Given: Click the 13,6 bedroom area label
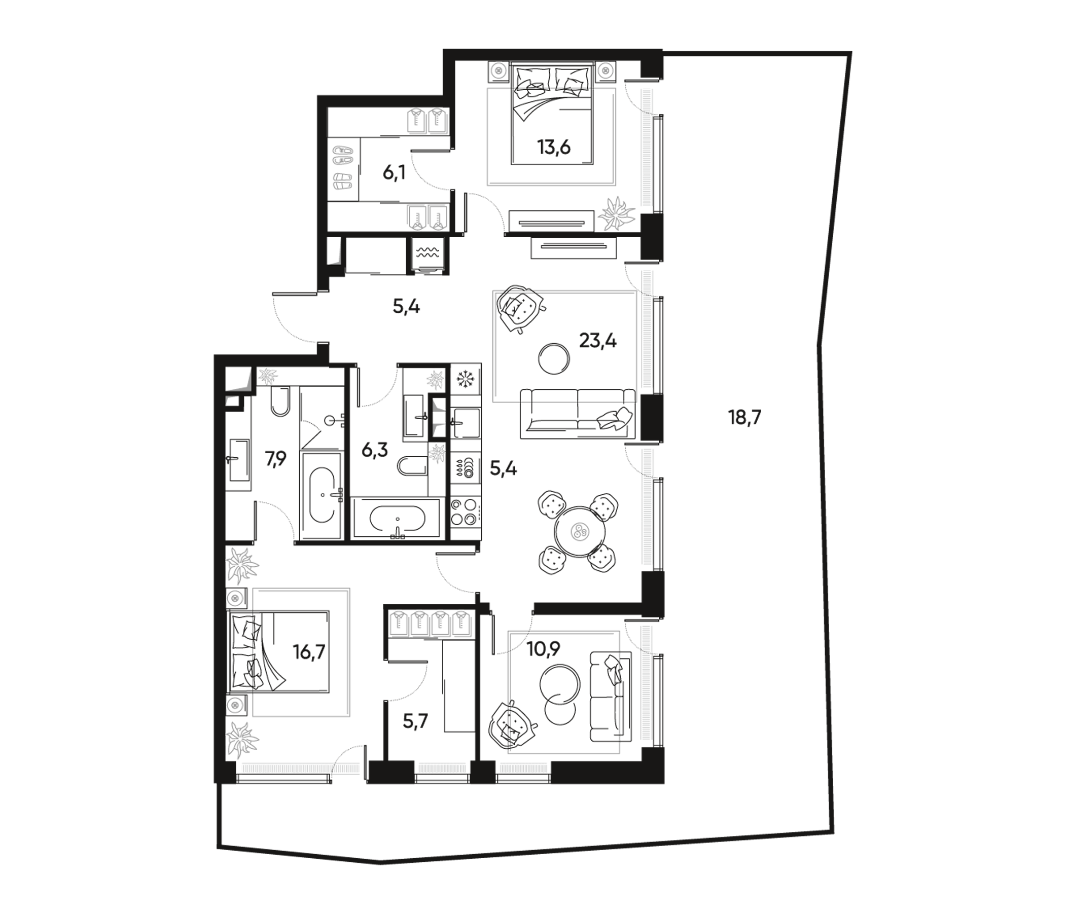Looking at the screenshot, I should click(554, 148).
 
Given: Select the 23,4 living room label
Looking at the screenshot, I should click(598, 341).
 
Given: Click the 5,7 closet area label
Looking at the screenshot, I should click(415, 722).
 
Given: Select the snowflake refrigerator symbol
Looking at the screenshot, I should click(467, 381).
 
